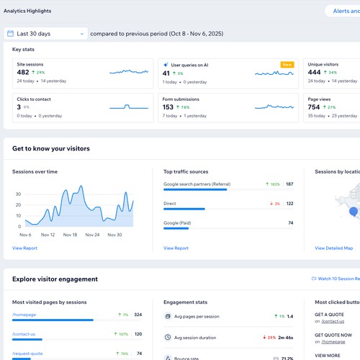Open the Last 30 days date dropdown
coord(46,34)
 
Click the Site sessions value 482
coord(23,73)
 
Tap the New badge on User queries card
coord(287,65)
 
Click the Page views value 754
coord(315,107)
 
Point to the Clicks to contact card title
coord(34,99)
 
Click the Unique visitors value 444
coord(315,73)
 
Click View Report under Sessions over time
coord(24,248)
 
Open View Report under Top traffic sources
coord(176,248)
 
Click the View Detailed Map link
coord(333,248)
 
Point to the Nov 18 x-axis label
coord(70,235)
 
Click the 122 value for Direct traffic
coord(289,204)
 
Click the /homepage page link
coord(25,315)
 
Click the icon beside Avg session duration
coord(167,337)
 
